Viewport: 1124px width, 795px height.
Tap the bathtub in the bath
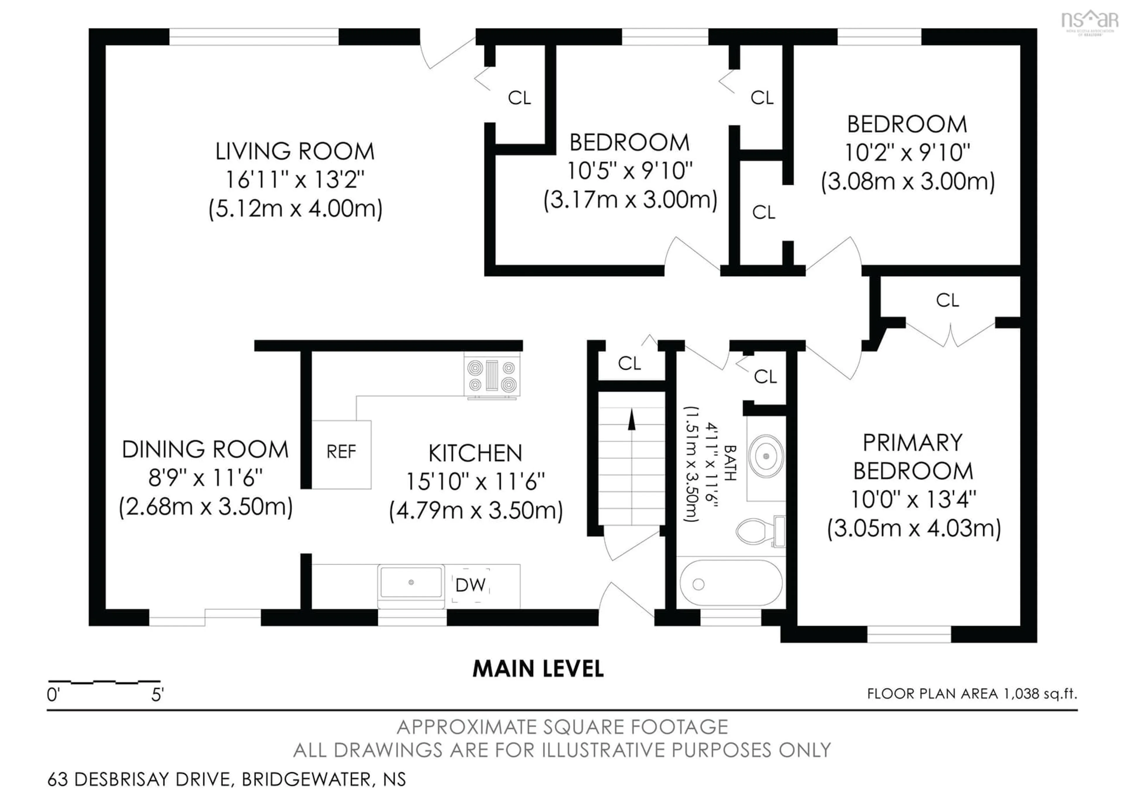tap(730, 584)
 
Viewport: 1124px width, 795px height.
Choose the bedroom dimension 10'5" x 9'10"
tap(630, 171)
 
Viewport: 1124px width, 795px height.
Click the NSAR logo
tap(1089, 21)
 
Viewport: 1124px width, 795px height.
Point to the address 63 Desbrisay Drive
tap(226, 779)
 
